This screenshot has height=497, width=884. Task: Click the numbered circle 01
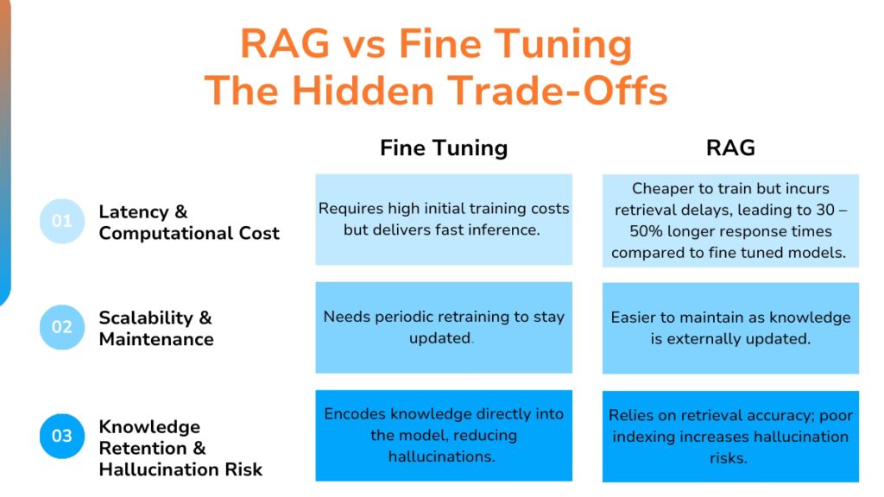point(62,222)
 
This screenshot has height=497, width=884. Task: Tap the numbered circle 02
point(62,328)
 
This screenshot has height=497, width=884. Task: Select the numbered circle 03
point(62,437)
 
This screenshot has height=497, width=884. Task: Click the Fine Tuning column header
point(444,148)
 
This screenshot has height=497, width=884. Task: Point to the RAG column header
point(730,148)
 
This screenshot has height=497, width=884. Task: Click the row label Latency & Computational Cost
point(188,223)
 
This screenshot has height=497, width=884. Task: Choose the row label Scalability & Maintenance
point(156,328)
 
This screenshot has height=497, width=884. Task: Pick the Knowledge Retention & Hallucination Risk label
point(180,448)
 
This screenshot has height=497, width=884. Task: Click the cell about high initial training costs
point(444,219)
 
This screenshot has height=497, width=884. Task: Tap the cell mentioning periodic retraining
point(444,327)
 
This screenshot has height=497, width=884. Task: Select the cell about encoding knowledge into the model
point(444,435)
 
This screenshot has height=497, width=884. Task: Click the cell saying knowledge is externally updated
point(730,328)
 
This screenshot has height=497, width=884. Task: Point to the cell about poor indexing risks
point(730,437)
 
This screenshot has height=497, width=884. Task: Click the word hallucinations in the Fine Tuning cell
point(444,456)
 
